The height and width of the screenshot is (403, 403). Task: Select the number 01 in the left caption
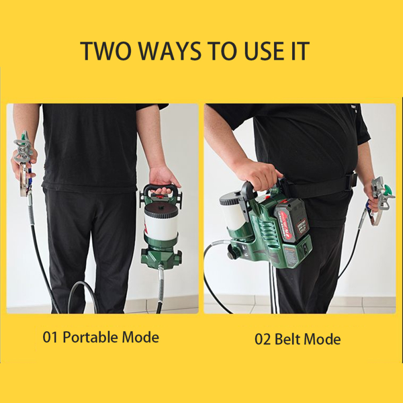click(x=50, y=337)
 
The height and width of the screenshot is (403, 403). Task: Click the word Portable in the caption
click(x=91, y=337)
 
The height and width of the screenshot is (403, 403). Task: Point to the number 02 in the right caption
click(x=263, y=339)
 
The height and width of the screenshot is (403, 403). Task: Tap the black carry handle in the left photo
click(x=162, y=189)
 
